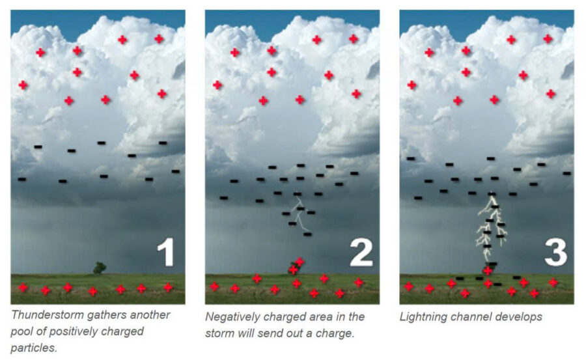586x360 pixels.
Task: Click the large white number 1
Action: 166,252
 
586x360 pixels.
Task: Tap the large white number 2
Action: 361,252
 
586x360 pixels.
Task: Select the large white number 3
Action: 555,252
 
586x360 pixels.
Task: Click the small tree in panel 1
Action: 99,267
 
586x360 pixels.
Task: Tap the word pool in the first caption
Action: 23,331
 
